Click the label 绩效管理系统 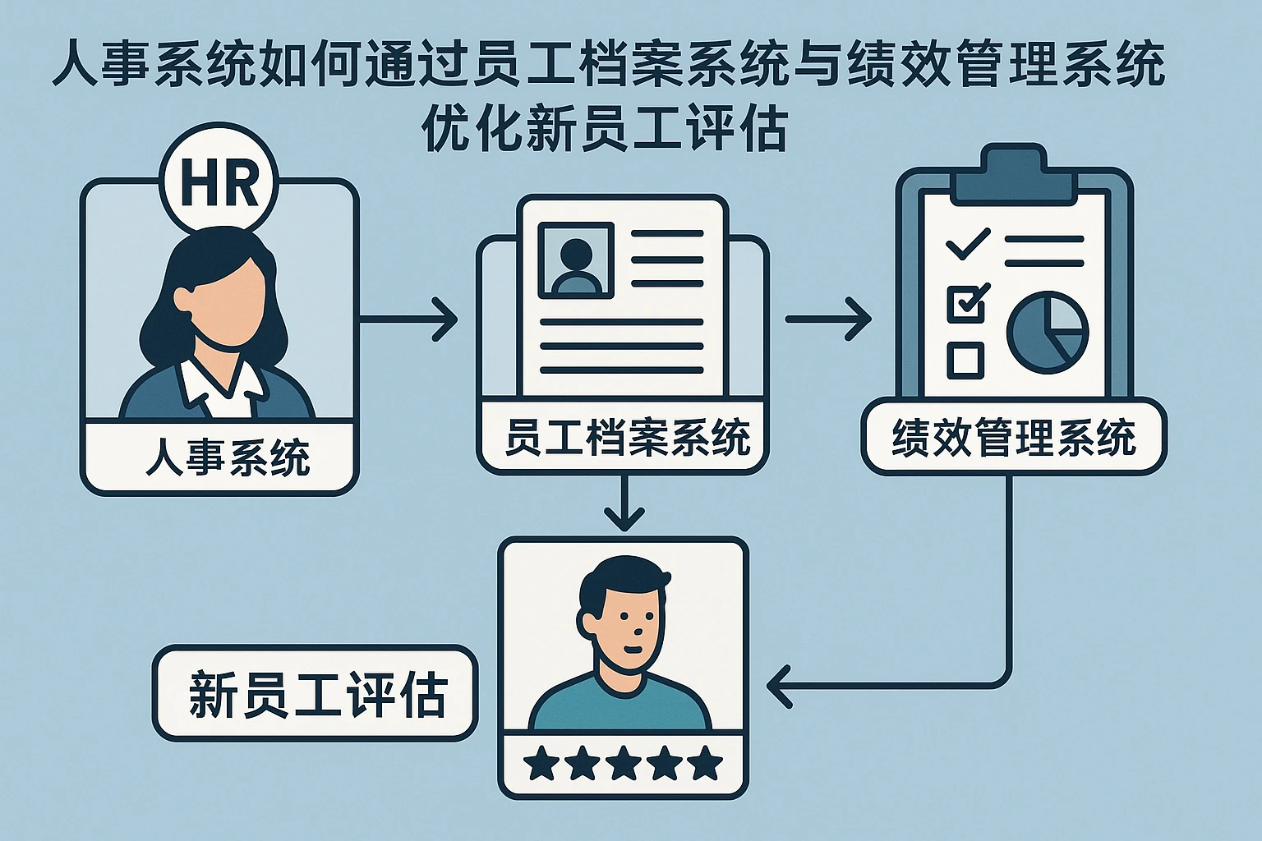tap(1014, 438)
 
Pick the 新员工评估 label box tap(315, 694)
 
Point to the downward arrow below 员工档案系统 tap(625, 505)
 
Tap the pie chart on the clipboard tap(1048, 332)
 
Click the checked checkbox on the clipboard tap(966, 303)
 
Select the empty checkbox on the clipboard tap(965, 359)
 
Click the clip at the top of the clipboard tap(1014, 174)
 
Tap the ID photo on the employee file tap(575, 260)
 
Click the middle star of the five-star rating tap(623, 764)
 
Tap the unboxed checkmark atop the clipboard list tap(967, 243)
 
